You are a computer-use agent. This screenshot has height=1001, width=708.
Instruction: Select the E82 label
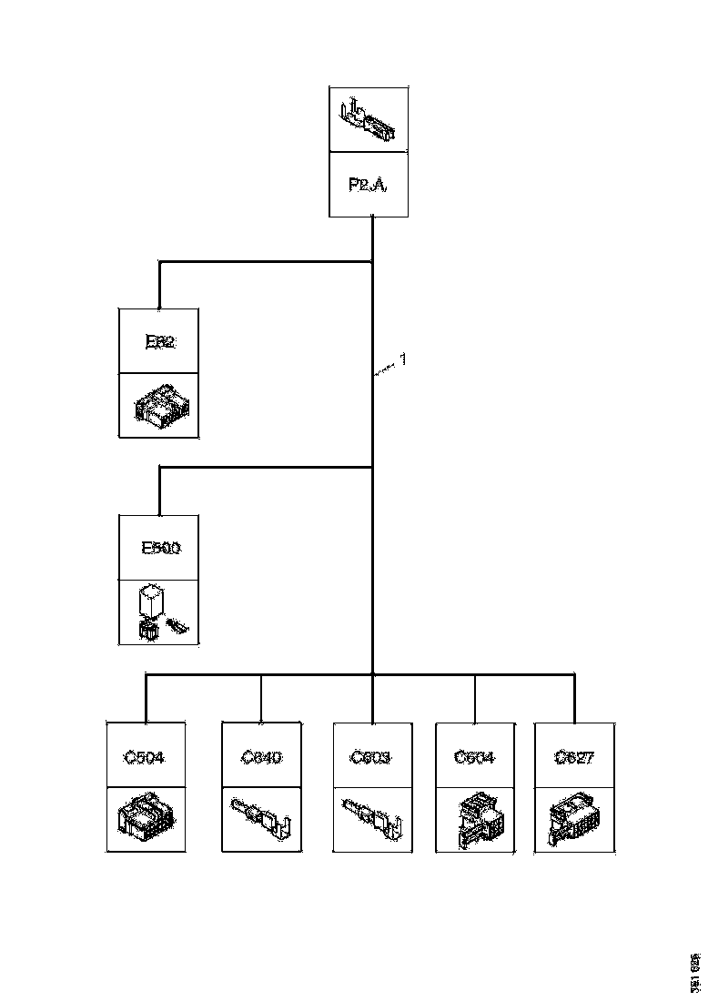coord(160,342)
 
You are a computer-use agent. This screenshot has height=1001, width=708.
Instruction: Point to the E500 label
coord(160,548)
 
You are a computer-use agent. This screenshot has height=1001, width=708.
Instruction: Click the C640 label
coord(261,756)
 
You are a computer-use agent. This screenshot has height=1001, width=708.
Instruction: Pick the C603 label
coord(371,756)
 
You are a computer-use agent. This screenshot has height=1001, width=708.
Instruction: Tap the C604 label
coord(474,756)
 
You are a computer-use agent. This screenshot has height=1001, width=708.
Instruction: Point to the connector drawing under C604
coord(474,819)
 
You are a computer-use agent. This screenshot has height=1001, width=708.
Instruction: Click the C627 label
coord(574,756)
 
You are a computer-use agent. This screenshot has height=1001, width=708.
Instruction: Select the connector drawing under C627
coord(574,819)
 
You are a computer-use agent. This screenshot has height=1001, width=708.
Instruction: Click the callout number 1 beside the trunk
coord(403,359)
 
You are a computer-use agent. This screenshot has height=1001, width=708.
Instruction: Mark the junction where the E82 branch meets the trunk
coord(373,262)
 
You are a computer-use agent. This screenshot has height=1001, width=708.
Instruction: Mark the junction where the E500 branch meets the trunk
coord(373,468)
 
